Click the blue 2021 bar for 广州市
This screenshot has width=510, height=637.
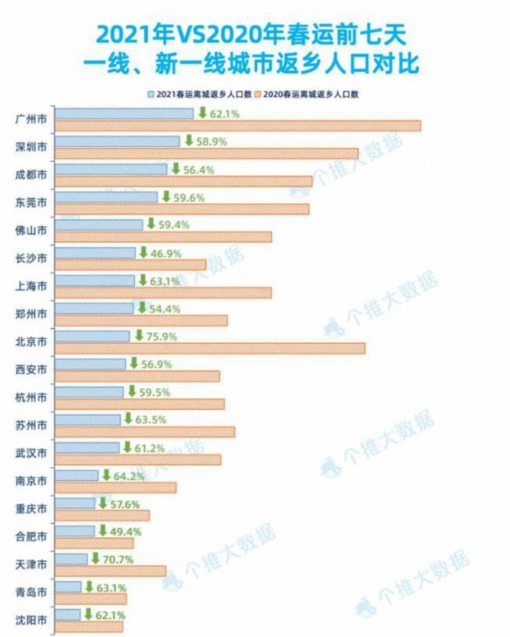(126, 114)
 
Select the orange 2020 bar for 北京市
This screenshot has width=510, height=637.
(212, 349)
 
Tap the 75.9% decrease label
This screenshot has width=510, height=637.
(159, 336)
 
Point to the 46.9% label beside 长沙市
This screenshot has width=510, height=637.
(165, 253)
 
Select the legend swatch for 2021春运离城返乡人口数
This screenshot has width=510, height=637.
(151, 94)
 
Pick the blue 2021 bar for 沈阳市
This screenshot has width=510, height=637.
(69, 614)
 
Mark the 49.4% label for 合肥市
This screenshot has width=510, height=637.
(116, 531)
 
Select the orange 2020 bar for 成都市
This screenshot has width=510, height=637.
(185, 182)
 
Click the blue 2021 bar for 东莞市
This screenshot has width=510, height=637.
(108, 197)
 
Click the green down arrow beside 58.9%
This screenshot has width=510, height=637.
(189, 140)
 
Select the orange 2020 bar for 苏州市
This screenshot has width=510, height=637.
(146, 432)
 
